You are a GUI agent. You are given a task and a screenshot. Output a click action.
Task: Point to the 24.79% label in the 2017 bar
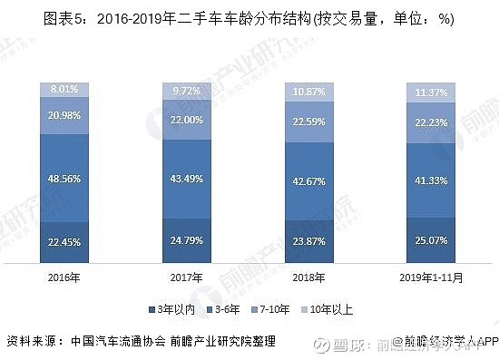point(186,240)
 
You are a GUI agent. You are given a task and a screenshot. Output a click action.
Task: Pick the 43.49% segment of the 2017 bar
point(186,180)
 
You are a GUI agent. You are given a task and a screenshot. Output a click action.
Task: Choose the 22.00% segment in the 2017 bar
point(186,121)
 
